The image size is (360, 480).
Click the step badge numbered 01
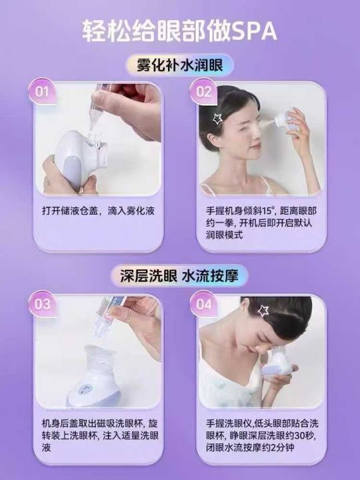(x=42, y=91)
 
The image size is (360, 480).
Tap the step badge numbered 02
(x=203, y=91)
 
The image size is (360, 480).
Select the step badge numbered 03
(x=42, y=304)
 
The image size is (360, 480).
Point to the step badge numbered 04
(x=203, y=304)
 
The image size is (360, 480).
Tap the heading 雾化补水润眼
(x=180, y=65)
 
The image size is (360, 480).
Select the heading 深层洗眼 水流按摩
(x=179, y=276)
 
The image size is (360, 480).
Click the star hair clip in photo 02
(x=217, y=118)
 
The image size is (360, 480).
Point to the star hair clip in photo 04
(x=263, y=311)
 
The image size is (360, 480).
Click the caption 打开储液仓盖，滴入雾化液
(x=98, y=211)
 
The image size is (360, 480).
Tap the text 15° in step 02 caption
(x=267, y=211)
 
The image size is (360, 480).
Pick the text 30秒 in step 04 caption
(x=304, y=435)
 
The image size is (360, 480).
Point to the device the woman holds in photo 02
(x=285, y=121)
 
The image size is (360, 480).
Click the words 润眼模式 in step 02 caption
(x=225, y=235)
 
